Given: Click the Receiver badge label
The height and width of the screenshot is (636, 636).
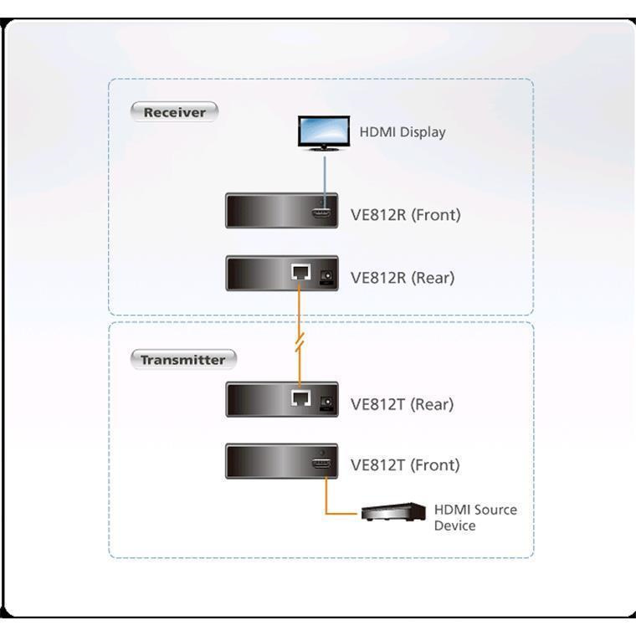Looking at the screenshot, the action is (x=174, y=112).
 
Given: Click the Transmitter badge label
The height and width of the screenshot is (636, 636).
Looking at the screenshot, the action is (x=183, y=359).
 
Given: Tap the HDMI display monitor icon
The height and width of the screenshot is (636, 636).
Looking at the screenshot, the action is (x=324, y=133).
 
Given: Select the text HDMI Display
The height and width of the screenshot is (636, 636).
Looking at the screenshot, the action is (x=403, y=132).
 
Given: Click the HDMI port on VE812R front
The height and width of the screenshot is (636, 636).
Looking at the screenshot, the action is (x=321, y=213).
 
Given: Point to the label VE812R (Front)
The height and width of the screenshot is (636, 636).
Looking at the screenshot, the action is (x=406, y=215).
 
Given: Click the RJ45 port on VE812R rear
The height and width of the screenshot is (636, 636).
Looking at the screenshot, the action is (x=301, y=272).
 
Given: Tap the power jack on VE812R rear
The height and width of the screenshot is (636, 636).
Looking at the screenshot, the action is (x=326, y=276).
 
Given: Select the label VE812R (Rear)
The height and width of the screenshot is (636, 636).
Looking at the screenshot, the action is (x=403, y=278).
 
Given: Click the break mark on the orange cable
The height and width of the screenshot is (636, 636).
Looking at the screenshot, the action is (x=300, y=341).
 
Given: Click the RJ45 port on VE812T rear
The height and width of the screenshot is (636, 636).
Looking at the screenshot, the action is (x=301, y=397).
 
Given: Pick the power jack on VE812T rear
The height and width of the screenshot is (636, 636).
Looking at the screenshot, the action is (x=326, y=403).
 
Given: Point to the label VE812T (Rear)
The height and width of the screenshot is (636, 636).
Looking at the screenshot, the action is (x=402, y=404).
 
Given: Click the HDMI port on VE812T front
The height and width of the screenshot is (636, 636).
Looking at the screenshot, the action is (x=321, y=464).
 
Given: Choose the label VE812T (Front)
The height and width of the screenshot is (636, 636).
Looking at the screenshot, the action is (x=405, y=465).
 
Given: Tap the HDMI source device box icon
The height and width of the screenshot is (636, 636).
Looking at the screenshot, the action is (x=393, y=512).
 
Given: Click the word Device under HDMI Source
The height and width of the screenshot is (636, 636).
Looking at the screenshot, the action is (x=454, y=526).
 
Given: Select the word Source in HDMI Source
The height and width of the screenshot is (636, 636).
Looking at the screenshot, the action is (x=495, y=510).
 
